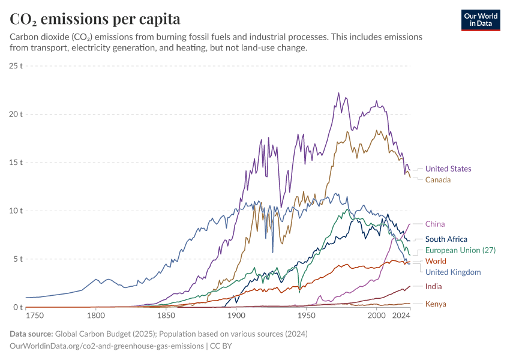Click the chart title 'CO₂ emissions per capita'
tap(95, 19)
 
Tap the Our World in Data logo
tap(480, 20)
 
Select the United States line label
tap(448, 169)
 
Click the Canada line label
tap(438, 179)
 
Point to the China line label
tap(435, 224)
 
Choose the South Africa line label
tap(446, 239)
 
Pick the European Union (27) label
tap(460, 250)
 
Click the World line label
tap(436, 261)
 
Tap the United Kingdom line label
tap(453, 272)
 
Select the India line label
tap(434, 286)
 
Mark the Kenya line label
tap(436, 304)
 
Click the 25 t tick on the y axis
tap(16, 65)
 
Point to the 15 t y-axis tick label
tap(16, 162)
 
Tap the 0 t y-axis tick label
tap(18, 307)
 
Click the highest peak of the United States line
tap(338, 93)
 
